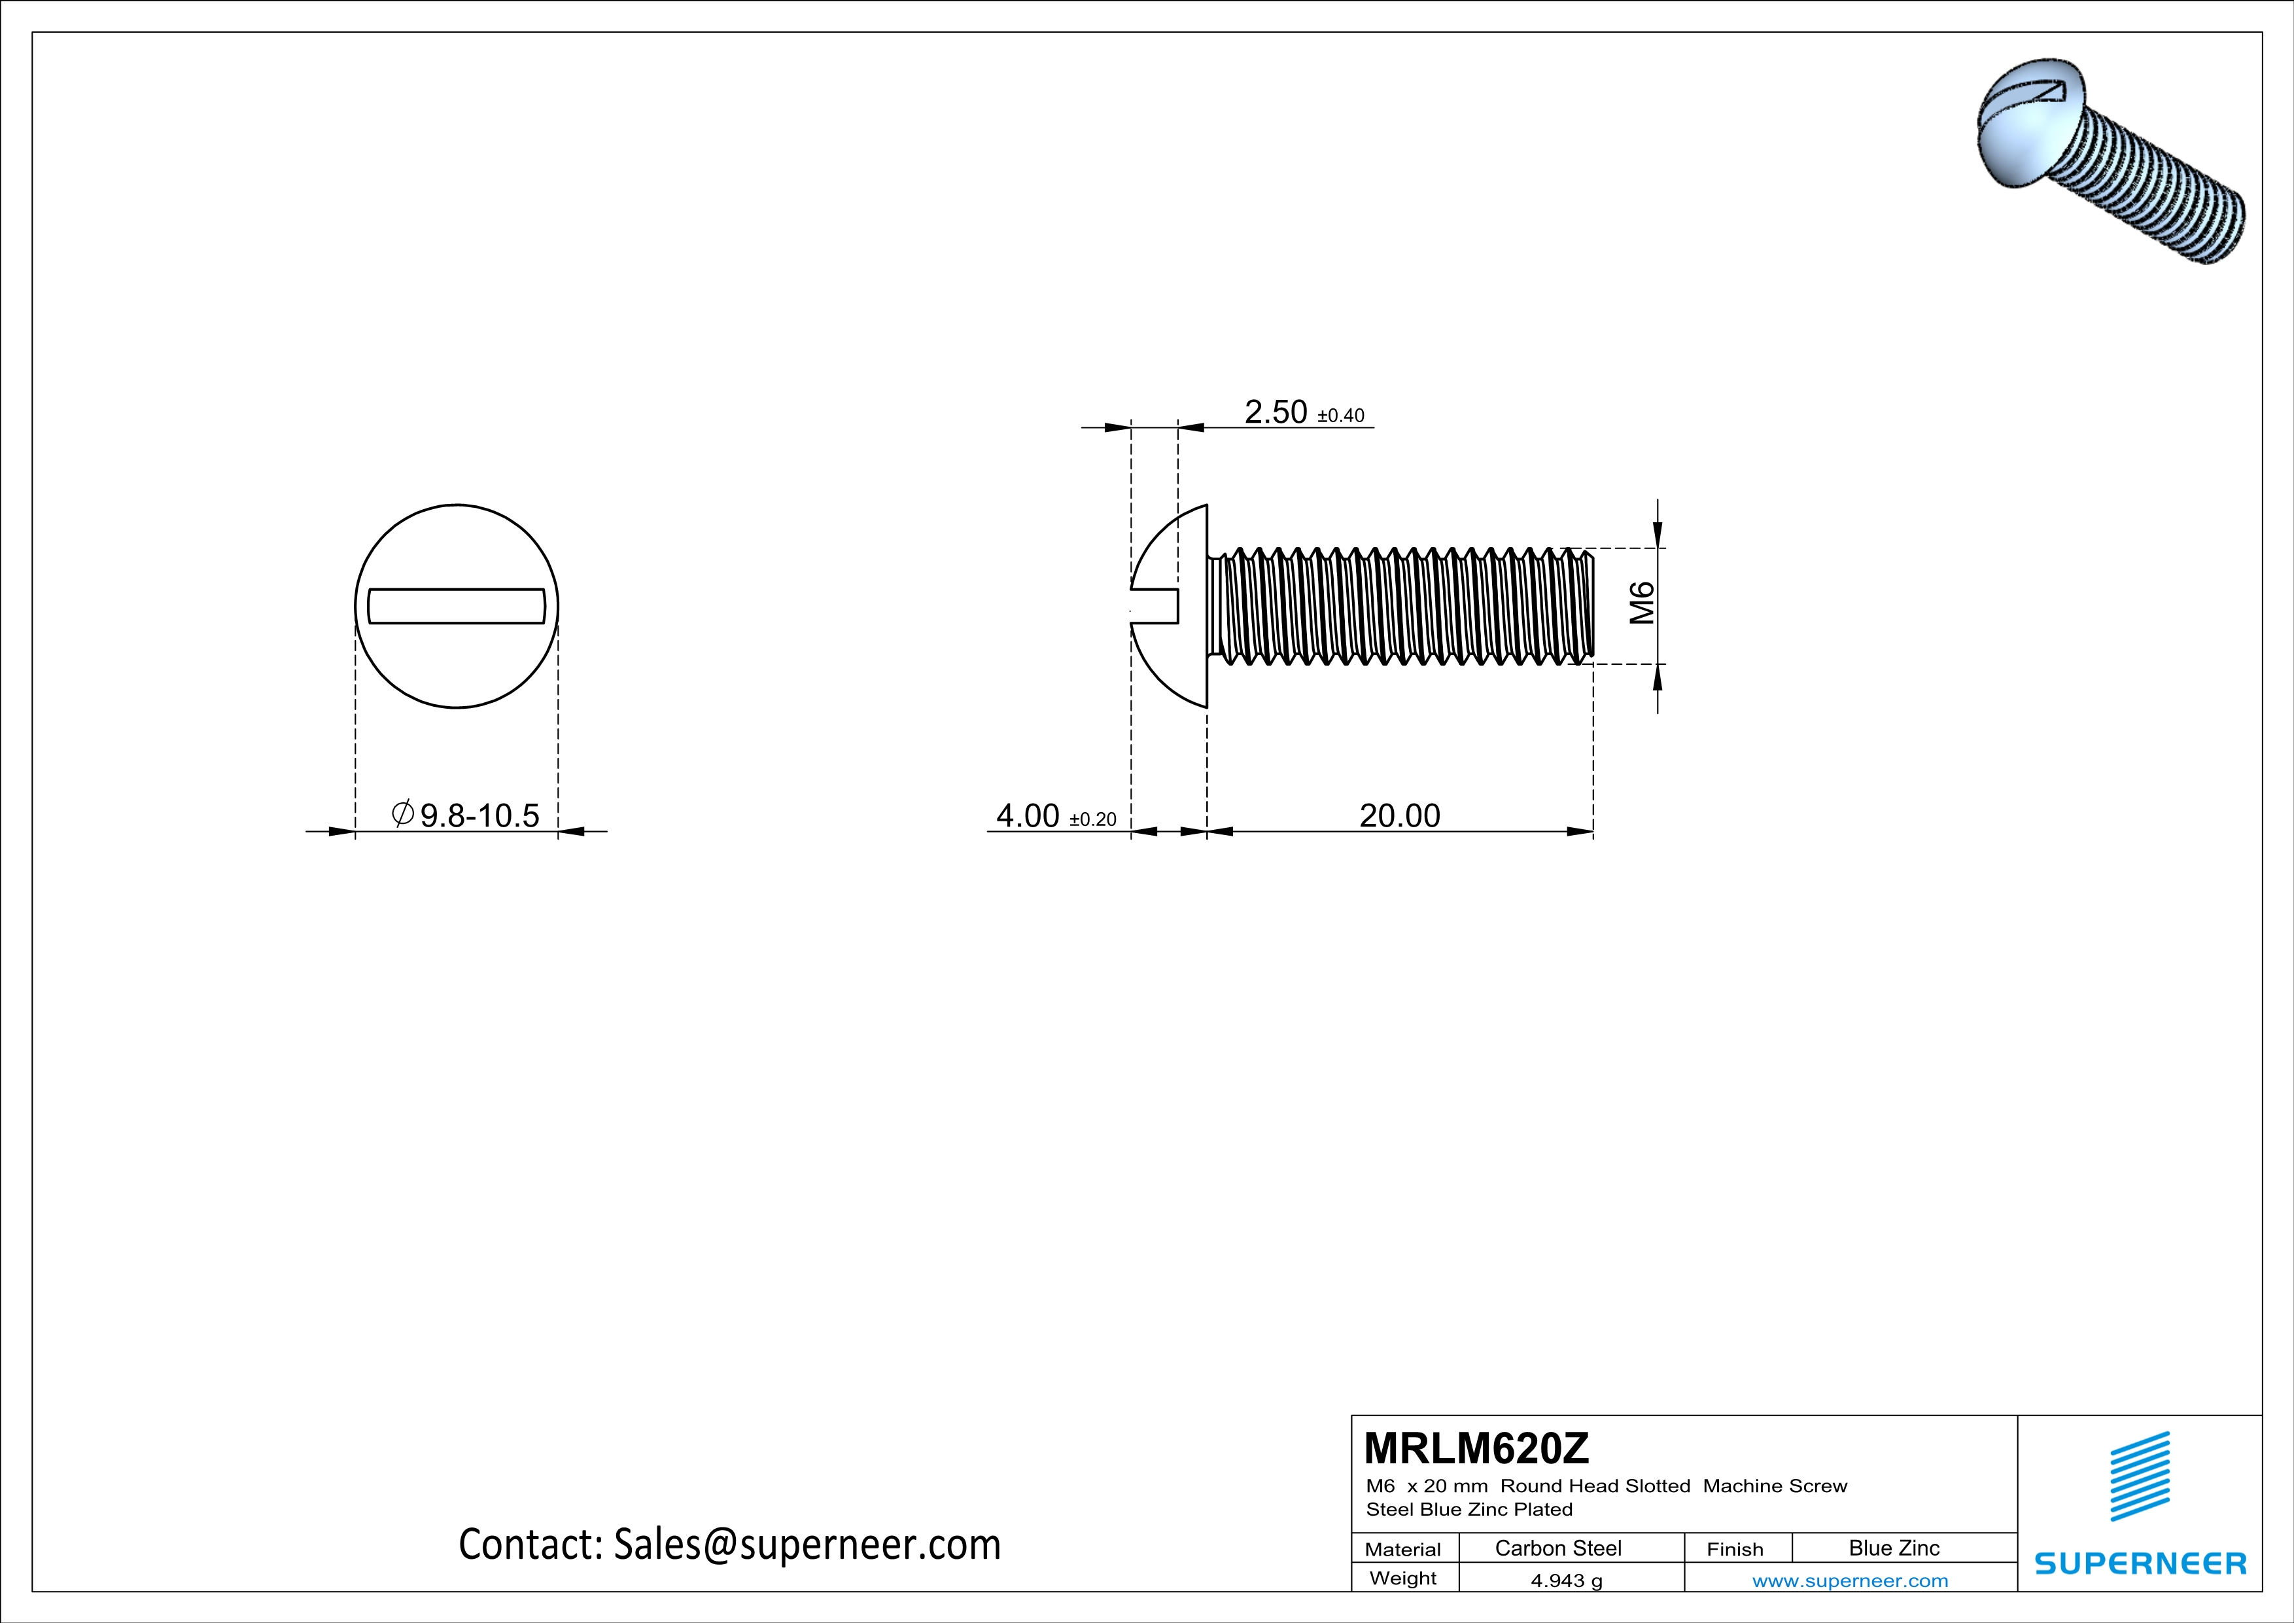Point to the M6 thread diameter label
click(1642, 603)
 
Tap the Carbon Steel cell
click(1557, 1548)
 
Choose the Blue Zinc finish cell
click(1893, 1548)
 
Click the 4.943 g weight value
click(1565, 1580)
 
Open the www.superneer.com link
click(1849, 1580)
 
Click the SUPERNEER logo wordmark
click(2140, 1563)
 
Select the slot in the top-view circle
click(457, 605)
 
